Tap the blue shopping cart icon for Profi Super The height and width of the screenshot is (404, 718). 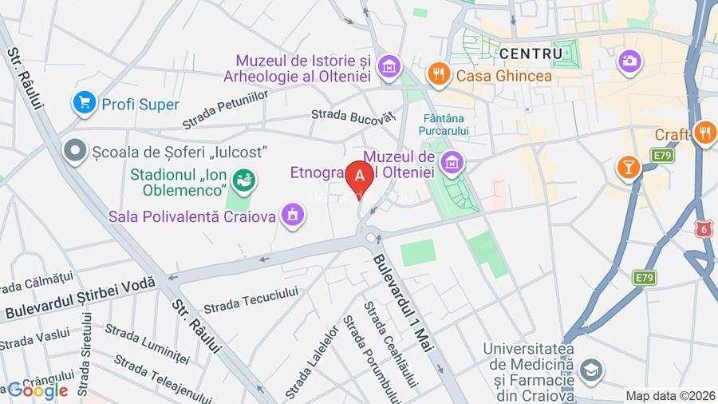click(x=84, y=103)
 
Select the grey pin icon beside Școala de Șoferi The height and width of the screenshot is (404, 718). click(x=76, y=150)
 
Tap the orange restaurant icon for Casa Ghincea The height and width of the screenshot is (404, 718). click(x=437, y=75)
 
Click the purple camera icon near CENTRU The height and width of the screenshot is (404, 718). click(x=629, y=60)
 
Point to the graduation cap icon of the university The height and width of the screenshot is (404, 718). click(x=590, y=369)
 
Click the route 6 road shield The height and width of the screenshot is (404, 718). click(x=703, y=230)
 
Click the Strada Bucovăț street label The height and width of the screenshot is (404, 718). click(x=353, y=117)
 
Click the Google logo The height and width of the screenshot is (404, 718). click(x=37, y=390)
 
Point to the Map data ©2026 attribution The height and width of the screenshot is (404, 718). click(x=669, y=395)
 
